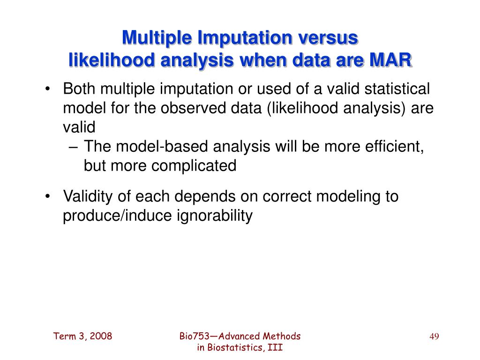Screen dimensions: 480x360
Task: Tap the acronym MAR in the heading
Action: (390, 60)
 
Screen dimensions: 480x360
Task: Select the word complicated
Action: (194, 165)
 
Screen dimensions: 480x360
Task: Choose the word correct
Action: (286, 196)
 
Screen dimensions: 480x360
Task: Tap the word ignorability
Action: (215, 216)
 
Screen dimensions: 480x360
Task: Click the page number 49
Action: (434, 337)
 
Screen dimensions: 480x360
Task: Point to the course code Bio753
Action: (194, 336)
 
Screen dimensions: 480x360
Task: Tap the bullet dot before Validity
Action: (47, 196)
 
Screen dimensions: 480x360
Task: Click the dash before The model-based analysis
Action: (74, 147)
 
